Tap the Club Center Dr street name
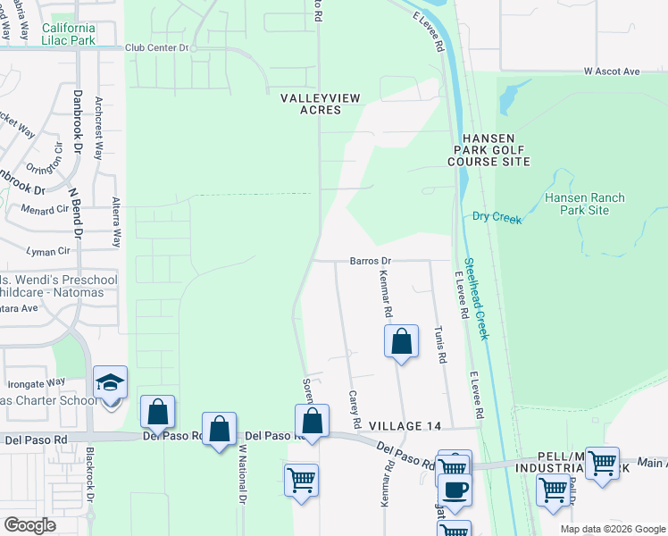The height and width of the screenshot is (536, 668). point(158,48)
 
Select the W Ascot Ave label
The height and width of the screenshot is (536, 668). point(613,71)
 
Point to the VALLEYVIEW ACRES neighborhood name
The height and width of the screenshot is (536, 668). point(311,103)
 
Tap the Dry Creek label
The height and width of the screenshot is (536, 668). point(496,216)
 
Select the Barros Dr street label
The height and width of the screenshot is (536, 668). point(371,261)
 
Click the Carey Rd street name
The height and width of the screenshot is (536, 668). point(354,408)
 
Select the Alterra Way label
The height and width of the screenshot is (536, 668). point(116,222)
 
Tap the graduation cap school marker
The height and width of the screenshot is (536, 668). point(110,382)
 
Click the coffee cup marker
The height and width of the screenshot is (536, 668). point(455,490)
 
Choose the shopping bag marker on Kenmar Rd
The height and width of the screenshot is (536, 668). point(401,341)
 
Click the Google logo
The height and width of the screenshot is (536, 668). point(29,525)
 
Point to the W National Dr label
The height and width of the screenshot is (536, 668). point(242,473)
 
